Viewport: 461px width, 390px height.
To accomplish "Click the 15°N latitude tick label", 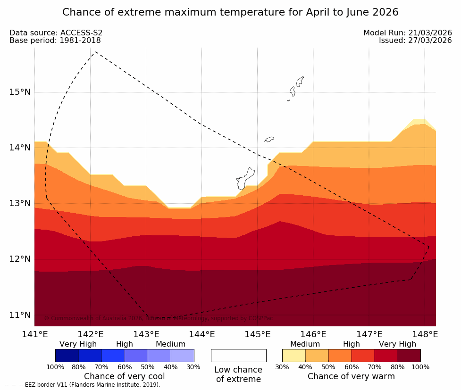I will click(20, 92).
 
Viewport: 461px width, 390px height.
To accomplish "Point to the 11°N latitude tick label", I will click(20, 315).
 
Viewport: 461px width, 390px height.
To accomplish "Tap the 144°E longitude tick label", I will click(202, 335).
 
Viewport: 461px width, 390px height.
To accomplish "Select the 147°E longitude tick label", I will click(369, 335).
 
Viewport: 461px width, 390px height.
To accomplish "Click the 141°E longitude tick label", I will click(34, 335).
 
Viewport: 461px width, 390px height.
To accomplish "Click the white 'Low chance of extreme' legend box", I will click(238, 356).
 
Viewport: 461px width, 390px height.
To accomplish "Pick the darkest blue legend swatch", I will click(67, 356).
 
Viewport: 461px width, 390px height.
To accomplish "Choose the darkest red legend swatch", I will click(409, 356).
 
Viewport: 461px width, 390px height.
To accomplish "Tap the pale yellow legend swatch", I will click(293, 356).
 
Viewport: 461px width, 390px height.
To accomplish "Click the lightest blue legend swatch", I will click(183, 356).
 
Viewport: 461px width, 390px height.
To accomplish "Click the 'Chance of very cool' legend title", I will click(125, 376).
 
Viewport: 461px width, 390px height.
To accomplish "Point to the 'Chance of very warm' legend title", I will click(351, 376).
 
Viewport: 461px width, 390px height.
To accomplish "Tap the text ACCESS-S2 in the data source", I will click(81, 33).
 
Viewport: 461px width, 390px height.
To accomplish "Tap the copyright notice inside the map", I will click(159, 318).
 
